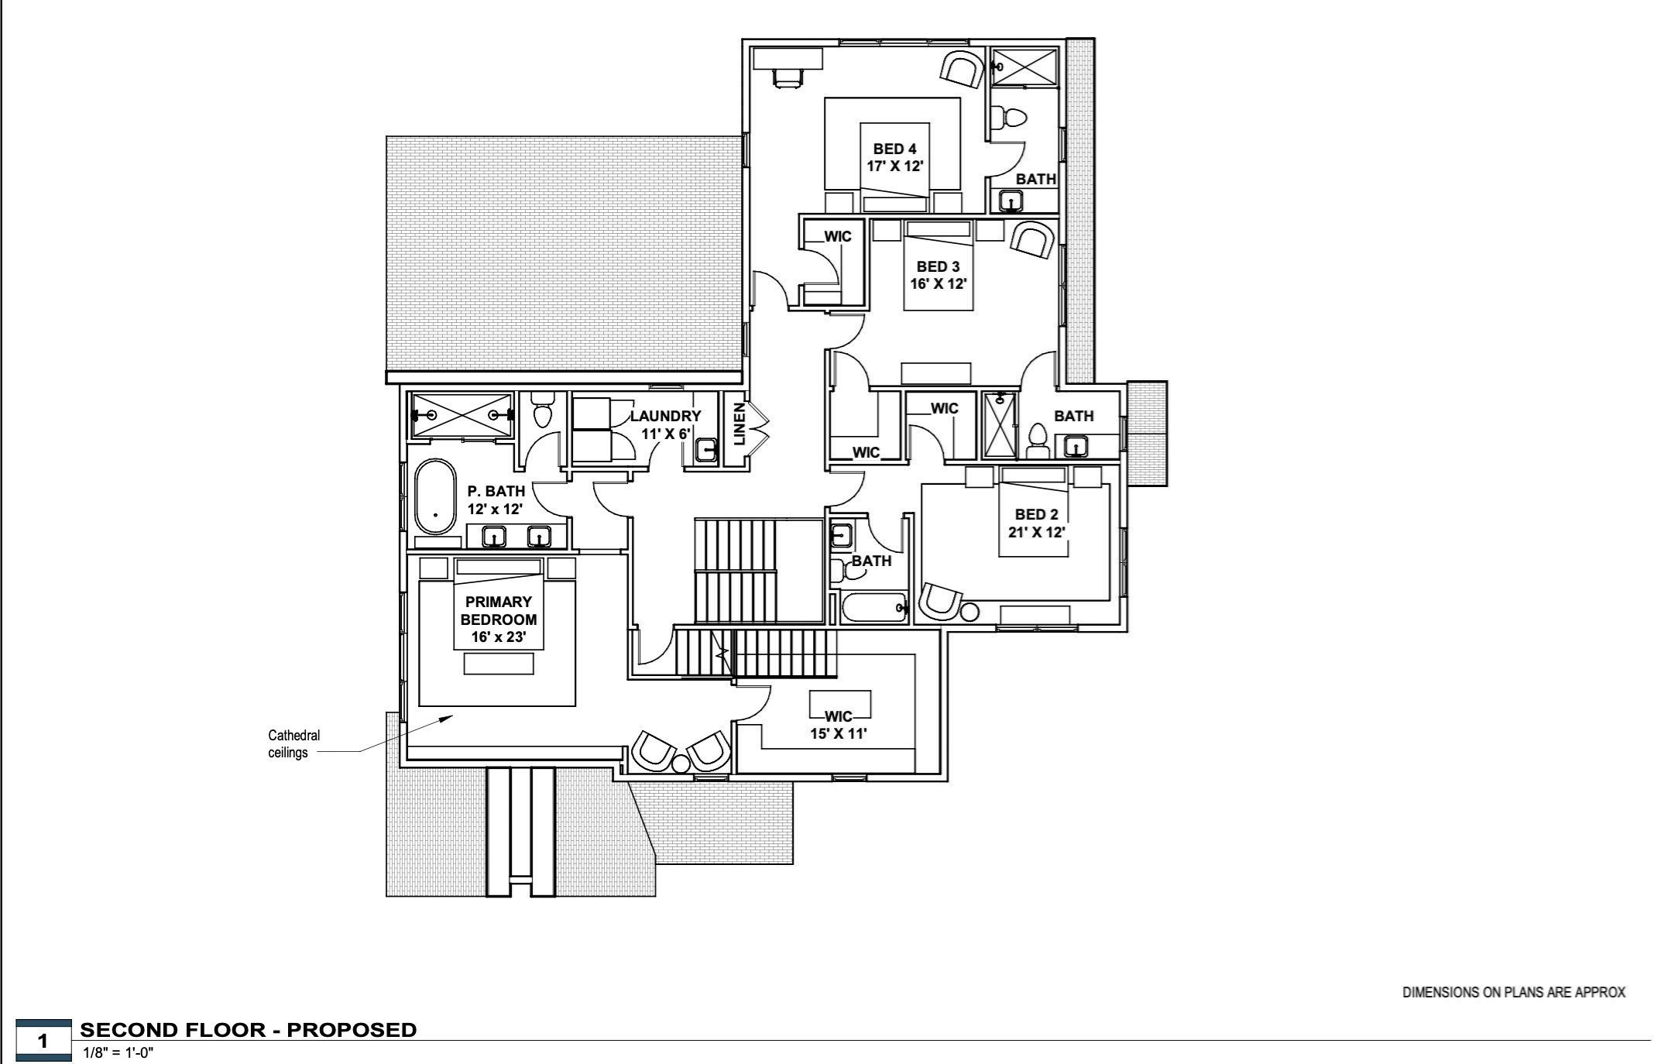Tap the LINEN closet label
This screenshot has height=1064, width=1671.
click(739, 424)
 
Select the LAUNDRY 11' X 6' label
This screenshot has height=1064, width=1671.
click(665, 424)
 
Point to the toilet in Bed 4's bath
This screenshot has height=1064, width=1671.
click(1010, 118)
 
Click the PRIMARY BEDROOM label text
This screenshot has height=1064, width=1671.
click(499, 619)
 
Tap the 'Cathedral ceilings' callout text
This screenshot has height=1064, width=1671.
click(293, 743)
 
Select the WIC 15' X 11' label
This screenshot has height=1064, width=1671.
click(839, 725)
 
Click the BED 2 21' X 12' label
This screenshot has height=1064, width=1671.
click(1036, 523)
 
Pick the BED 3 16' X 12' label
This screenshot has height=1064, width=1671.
click(938, 275)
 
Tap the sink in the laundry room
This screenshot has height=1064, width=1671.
click(705, 450)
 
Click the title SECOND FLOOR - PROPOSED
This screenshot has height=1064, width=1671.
click(249, 1030)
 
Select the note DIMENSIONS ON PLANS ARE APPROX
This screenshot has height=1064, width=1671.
click(1513, 992)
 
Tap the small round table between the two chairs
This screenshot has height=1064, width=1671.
click(681, 764)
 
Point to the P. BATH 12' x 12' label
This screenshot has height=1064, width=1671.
click(496, 499)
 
